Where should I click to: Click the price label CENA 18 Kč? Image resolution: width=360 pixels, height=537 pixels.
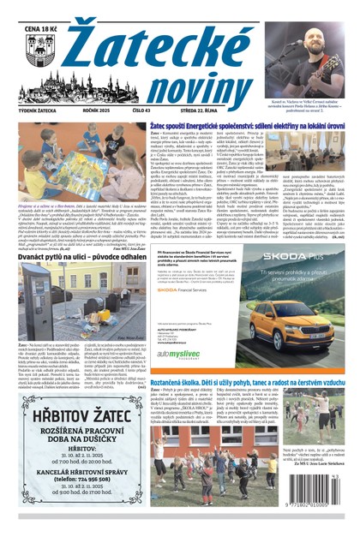pyautogui.click(x=42, y=28)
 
